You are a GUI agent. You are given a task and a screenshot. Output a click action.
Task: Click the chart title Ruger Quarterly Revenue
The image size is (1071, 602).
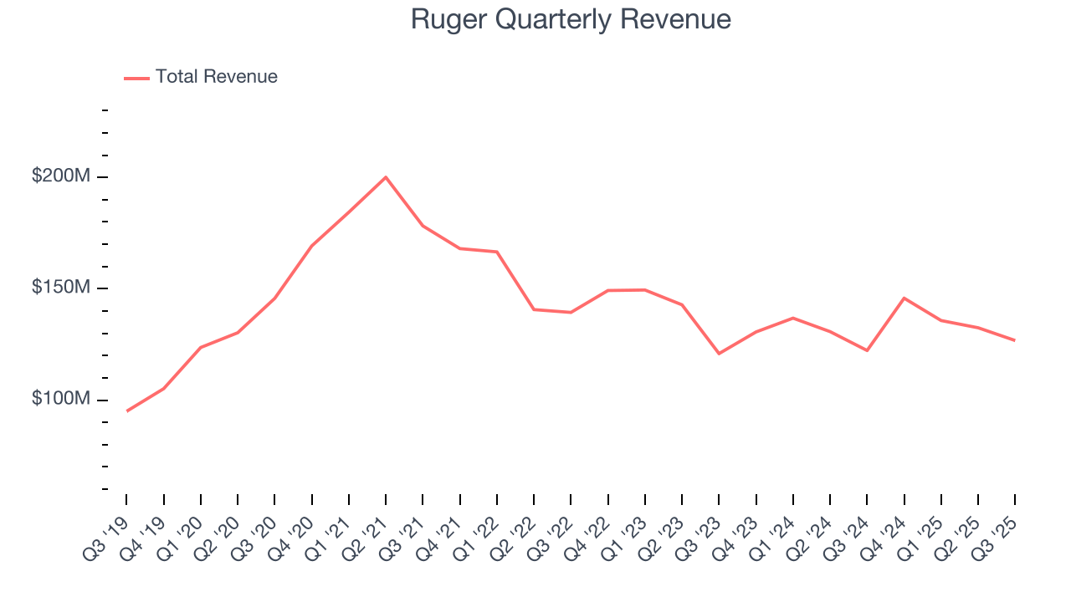pyautogui.click(x=571, y=19)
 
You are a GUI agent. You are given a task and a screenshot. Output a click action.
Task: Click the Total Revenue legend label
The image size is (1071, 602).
pyautogui.click(x=216, y=77)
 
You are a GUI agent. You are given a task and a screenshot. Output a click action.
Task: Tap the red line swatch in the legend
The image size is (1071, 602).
pyautogui.click(x=136, y=78)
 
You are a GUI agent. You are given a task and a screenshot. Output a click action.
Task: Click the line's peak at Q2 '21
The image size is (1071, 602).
pyautogui.click(x=386, y=177)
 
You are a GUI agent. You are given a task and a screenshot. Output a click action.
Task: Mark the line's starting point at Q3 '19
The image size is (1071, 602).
pyautogui.click(x=127, y=411)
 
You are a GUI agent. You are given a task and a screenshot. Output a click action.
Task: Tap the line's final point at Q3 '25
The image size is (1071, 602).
pyautogui.click(x=1014, y=340)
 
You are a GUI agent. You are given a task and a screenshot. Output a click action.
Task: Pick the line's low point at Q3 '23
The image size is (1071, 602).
pyautogui.click(x=719, y=354)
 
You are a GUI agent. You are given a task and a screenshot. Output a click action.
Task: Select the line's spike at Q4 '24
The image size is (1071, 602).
pyautogui.click(x=904, y=298)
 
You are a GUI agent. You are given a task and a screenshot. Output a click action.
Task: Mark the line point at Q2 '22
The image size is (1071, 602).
pyautogui.click(x=534, y=309)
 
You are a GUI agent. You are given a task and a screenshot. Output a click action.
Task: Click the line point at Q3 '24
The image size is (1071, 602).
pyautogui.click(x=867, y=350)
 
